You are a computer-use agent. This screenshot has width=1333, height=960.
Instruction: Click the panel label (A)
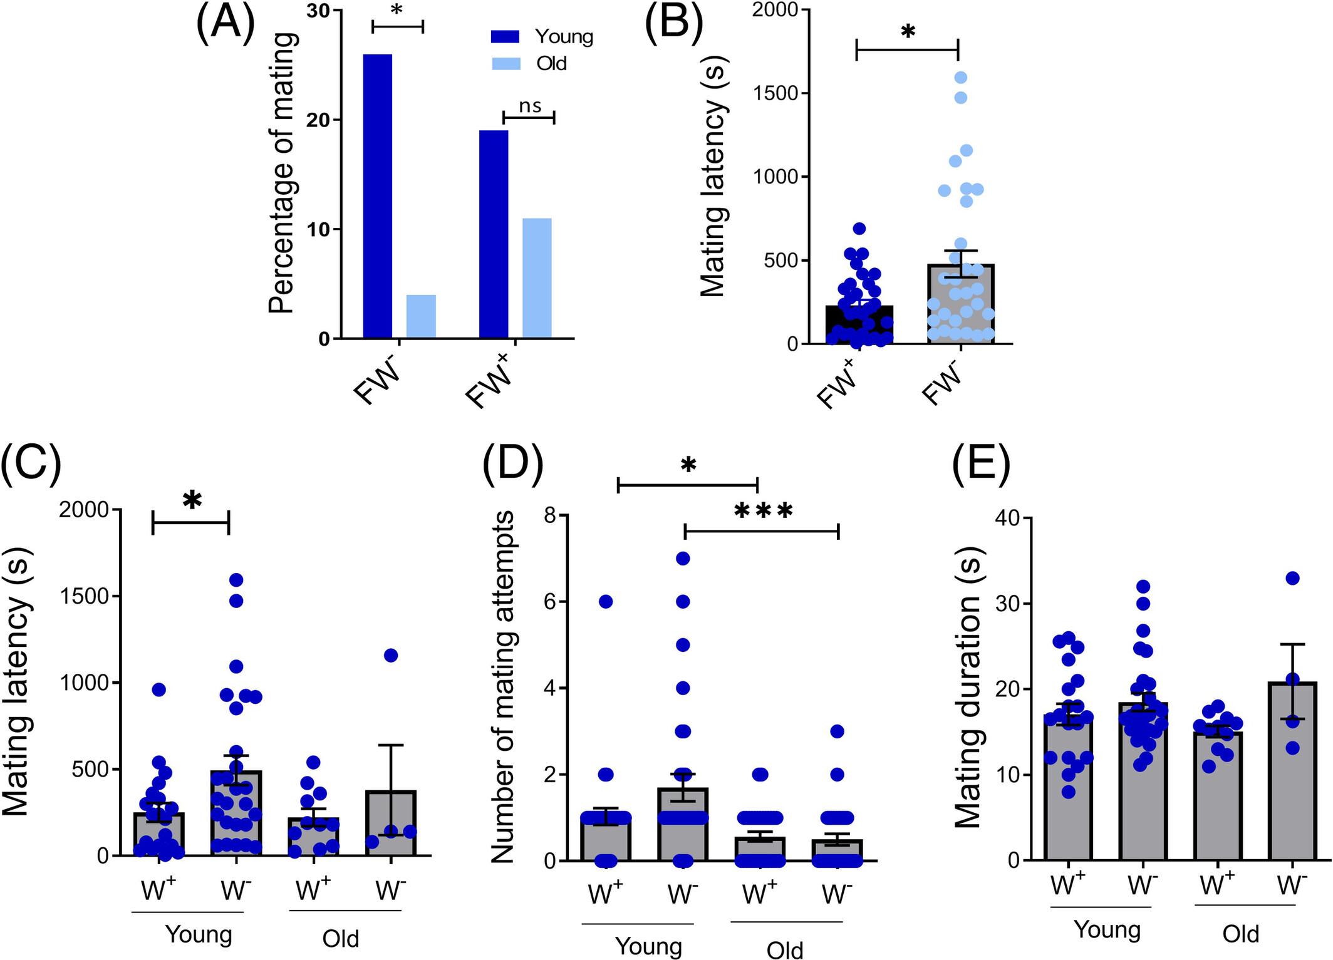click(x=225, y=24)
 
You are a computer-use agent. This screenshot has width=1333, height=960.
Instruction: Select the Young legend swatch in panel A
click(x=505, y=37)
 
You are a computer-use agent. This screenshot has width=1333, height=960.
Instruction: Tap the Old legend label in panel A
click(x=551, y=63)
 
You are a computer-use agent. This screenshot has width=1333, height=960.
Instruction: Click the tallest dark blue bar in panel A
click(x=378, y=196)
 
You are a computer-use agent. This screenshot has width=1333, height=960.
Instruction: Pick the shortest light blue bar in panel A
click(x=421, y=316)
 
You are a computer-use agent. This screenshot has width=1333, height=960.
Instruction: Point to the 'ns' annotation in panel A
click(x=530, y=106)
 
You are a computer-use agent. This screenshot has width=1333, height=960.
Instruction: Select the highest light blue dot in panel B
click(x=960, y=78)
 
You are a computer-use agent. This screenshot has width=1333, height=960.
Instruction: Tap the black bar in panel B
click(x=859, y=324)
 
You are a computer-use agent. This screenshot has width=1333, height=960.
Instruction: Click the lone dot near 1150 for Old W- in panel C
click(x=391, y=655)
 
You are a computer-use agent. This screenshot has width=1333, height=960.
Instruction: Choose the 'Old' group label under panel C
click(x=341, y=938)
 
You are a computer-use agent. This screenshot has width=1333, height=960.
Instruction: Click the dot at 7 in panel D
click(x=683, y=558)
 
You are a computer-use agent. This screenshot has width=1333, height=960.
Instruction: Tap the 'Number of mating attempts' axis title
click(x=502, y=686)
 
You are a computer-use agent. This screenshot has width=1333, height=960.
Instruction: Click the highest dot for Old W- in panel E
click(x=1292, y=577)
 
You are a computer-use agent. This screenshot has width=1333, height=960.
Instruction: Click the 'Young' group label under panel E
click(x=1107, y=929)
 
